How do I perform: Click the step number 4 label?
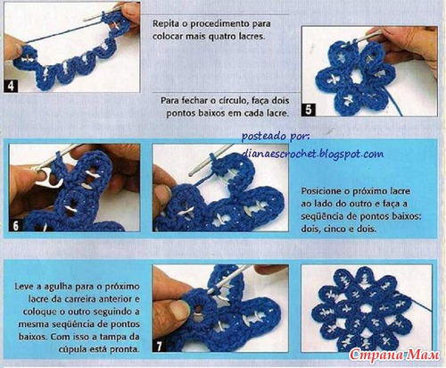(x=11, y=86)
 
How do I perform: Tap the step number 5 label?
(x=309, y=110)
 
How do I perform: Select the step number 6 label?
(x=16, y=225)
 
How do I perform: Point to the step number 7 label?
(x=160, y=346)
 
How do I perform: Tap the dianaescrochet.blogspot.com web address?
(x=312, y=154)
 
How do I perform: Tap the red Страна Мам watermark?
(x=394, y=355)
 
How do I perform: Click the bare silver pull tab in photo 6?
(x=49, y=177)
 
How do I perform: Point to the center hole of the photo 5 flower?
(x=356, y=78)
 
